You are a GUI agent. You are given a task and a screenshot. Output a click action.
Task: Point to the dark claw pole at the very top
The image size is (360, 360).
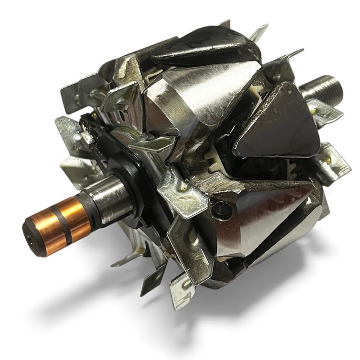pos(205,47)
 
